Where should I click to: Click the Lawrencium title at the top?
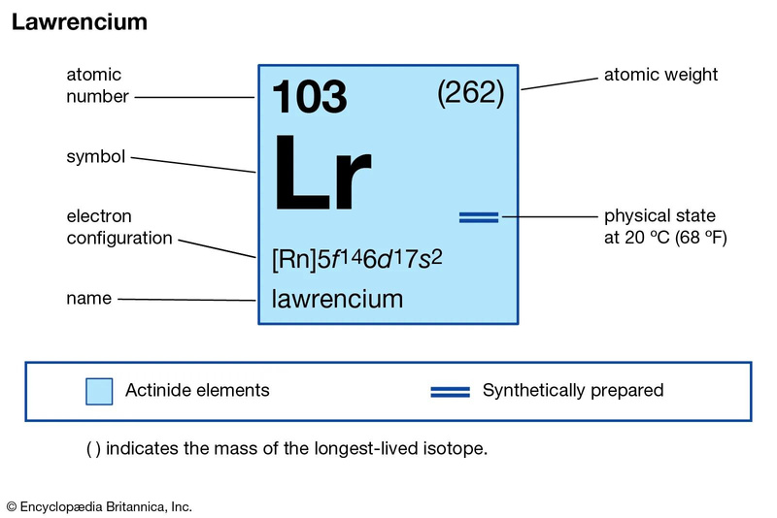[x=80, y=22]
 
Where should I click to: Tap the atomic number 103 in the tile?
[x=308, y=98]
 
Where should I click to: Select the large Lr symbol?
[x=321, y=176]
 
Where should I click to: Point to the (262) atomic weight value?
[x=471, y=93]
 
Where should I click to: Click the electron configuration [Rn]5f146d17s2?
[x=358, y=261]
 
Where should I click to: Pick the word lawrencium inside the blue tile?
[x=337, y=299]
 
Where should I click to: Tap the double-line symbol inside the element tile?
[x=478, y=217]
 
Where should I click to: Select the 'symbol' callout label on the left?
[x=95, y=156]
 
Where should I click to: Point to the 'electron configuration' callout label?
[x=119, y=227]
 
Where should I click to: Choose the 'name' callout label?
[x=88, y=299]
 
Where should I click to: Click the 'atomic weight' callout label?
[x=660, y=75]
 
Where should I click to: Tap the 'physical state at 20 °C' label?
[x=665, y=226]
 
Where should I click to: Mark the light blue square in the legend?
[x=99, y=391]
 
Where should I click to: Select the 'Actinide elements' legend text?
[x=197, y=391]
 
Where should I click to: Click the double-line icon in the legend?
[x=451, y=391]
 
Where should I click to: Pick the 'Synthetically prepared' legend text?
[x=573, y=391]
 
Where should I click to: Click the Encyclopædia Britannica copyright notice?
[x=99, y=506]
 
